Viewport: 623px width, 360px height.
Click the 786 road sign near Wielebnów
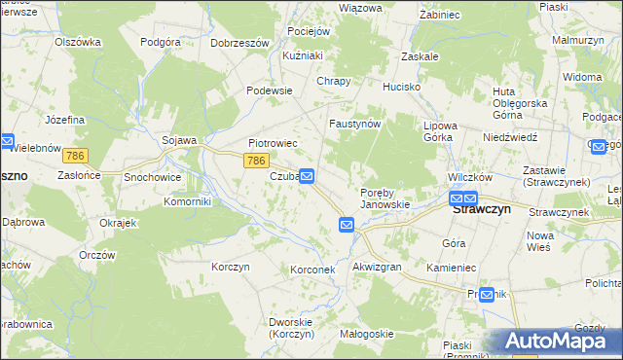[x=75, y=156]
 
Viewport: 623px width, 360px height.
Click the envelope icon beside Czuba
[x=307, y=176]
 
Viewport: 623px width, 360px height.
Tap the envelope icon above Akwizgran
[x=348, y=225]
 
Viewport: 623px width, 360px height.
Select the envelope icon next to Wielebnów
[x=6, y=141]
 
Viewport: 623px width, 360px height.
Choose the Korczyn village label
[x=231, y=267]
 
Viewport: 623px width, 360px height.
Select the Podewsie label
[x=270, y=90]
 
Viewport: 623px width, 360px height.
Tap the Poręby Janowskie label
[x=385, y=198]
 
